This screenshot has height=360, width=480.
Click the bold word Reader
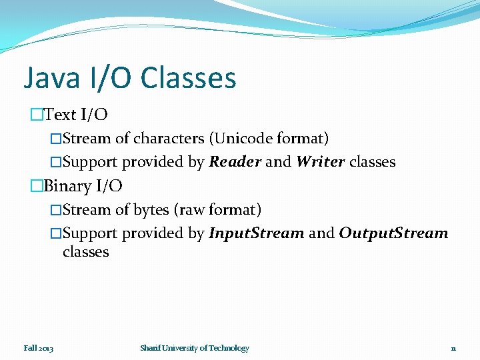pos(235,162)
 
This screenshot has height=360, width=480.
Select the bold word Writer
pos(320,162)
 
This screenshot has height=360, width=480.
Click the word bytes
pos(151,210)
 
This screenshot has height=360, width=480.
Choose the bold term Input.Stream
pos(257,233)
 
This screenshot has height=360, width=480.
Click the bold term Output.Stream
pos(393,233)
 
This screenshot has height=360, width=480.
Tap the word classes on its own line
pos(85,252)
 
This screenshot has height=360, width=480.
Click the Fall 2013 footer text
pos(39,348)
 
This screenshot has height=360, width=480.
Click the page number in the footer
pos(453,349)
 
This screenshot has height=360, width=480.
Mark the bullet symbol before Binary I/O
pos(36,186)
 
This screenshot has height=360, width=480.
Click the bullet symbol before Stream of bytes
pos(56,210)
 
